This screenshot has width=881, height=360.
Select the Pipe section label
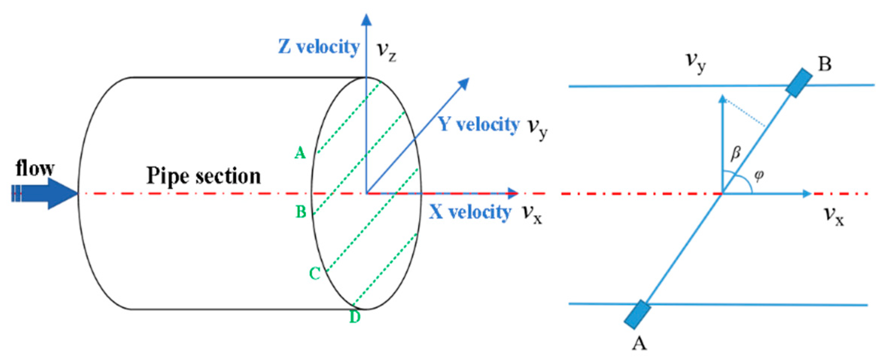(x=204, y=175)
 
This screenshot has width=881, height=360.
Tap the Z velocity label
(x=319, y=48)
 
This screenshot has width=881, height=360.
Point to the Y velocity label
(x=479, y=124)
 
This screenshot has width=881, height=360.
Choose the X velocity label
(x=470, y=213)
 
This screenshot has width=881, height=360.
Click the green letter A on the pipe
(x=300, y=153)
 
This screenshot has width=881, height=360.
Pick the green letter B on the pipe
(x=301, y=212)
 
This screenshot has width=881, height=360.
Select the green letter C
(x=315, y=274)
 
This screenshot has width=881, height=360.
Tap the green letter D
(x=355, y=317)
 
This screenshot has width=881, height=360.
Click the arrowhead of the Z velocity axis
(x=366, y=20)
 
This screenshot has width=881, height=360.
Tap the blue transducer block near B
(x=799, y=82)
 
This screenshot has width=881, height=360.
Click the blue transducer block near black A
(x=637, y=314)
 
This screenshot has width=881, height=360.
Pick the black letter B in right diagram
(x=824, y=64)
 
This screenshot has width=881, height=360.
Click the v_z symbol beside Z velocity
(x=386, y=52)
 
